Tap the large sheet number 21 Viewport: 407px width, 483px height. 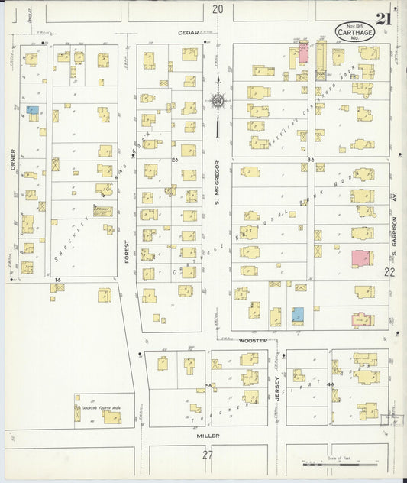tap(383, 21)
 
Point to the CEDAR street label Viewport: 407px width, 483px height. tap(188, 32)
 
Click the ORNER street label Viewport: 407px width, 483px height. tap(13, 160)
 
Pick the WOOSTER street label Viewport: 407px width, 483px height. tap(251, 340)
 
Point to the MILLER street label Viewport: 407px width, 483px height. tap(208, 436)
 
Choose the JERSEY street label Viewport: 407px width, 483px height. tap(277, 388)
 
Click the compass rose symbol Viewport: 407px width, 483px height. tap(218, 100)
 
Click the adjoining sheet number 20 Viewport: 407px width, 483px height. tap(218, 9)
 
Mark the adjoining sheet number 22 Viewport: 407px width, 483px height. tap(389, 272)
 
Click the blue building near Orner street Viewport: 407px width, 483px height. tap(33, 110)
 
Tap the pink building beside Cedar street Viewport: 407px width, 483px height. tap(303, 53)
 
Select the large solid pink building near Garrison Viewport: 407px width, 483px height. tap(362, 258)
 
